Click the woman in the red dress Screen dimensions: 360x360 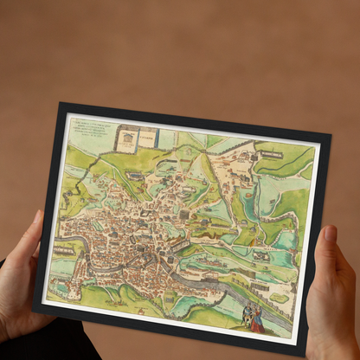click(x=255, y=321)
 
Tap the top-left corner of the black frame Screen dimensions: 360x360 click(x=61, y=105)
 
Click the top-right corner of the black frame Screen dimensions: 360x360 click(x=330, y=135)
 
